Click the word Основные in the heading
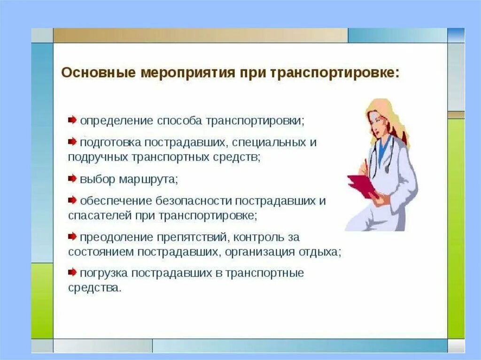click(98, 73)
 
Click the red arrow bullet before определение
click(72, 120)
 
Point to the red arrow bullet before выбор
click(72, 178)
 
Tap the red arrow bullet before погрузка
click(72, 272)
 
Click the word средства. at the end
click(95, 288)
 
